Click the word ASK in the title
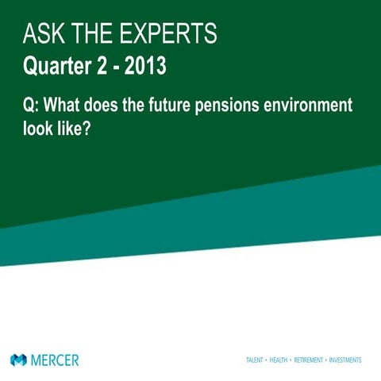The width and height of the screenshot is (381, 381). pyautogui.click(x=44, y=34)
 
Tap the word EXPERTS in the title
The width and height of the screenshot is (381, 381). pyautogui.click(x=167, y=34)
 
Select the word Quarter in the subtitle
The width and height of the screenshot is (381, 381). pyautogui.click(x=56, y=66)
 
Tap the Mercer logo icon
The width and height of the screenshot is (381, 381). pyautogui.click(x=18, y=360)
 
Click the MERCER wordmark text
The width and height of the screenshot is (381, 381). pyautogui.click(x=55, y=360)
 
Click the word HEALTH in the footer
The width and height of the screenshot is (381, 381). pyautogui.click(x=280, y=360)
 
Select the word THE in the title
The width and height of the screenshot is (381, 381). pyautogui.click(x=87, y=34)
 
